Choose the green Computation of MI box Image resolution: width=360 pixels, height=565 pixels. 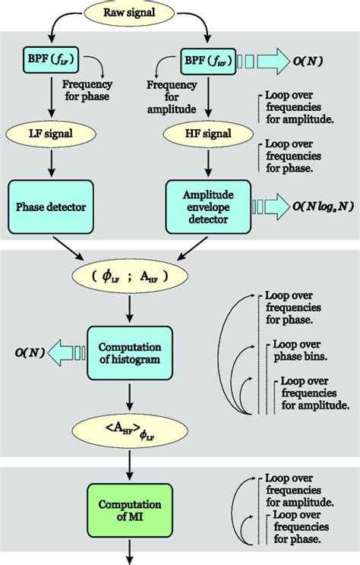[131, 509]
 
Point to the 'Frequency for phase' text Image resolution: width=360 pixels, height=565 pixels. [87, 90]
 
